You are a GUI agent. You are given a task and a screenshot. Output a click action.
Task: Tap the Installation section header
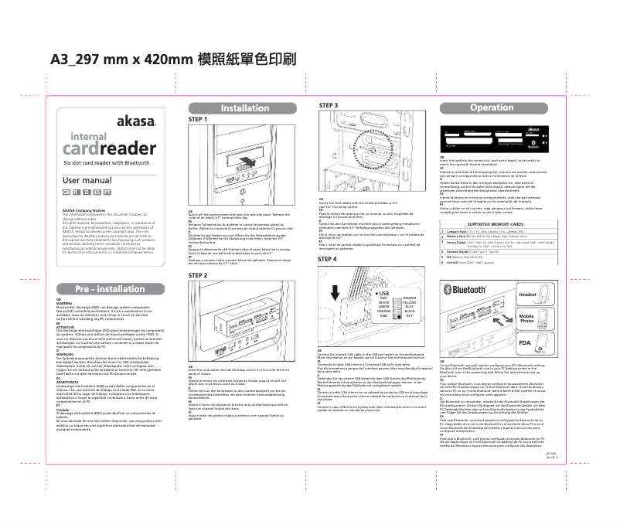245,108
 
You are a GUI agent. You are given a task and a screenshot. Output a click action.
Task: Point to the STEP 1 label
198,120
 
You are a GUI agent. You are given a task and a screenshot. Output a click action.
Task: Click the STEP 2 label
198,275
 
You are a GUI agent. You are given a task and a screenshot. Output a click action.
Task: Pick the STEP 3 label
329,104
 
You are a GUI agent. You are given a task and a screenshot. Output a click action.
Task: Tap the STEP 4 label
329,259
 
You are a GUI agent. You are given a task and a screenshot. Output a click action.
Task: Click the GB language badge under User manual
66,191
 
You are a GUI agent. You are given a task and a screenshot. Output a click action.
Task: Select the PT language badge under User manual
107,191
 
